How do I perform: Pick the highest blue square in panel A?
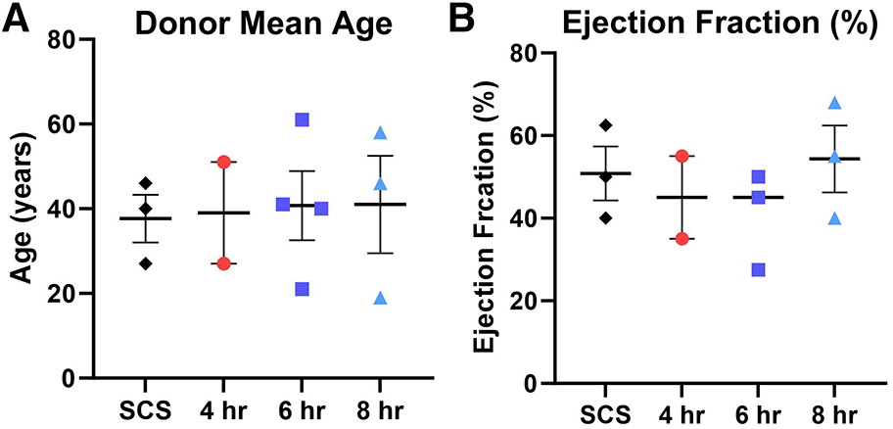pos(303,119)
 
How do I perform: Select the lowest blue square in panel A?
pos(303,289)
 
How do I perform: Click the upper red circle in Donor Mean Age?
pos(223,162)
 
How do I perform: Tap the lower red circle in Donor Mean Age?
pos(223,262)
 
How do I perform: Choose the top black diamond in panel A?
pos(145,183)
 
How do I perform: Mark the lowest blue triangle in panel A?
pos(380,298)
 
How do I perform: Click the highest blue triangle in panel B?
pos(834,103)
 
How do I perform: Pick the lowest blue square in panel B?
pos(757,269)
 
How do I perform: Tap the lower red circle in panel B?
pos(681,238)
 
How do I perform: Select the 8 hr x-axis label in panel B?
pos(834,410)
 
